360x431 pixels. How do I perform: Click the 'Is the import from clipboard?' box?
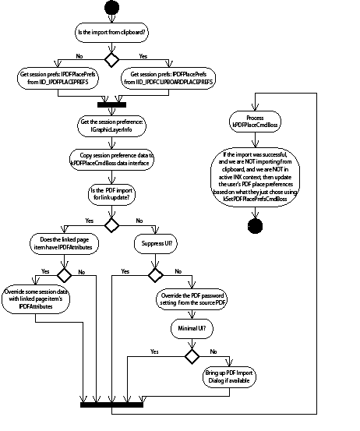[x=111, y=34]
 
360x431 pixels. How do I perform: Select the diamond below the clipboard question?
[x=111, y=58]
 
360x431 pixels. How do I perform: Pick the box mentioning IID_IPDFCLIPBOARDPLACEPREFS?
[x=169, y=78]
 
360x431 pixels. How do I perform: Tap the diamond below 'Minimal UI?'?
[x=189, y=355]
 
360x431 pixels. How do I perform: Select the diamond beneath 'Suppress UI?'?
[x=155, y=276]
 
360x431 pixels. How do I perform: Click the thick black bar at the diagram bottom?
[x=111, y=404]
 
